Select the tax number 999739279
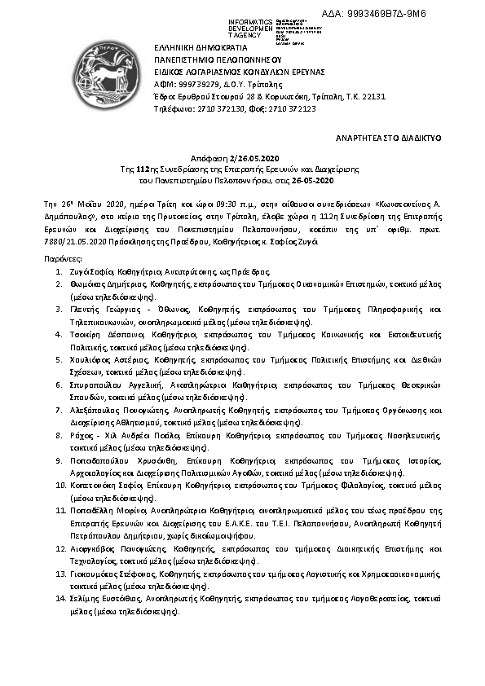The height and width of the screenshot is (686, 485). tap(191, 84)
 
